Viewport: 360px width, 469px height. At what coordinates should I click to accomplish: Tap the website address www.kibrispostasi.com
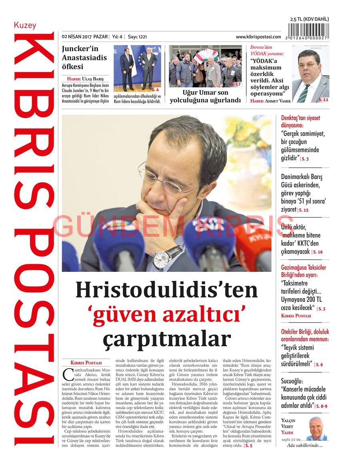click(258, 37)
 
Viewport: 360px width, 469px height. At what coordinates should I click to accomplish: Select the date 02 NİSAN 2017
click(77, 37)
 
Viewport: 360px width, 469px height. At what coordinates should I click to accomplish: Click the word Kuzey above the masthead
click(25, 25)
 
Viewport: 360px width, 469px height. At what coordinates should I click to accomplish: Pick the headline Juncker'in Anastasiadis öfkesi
click(84, 58)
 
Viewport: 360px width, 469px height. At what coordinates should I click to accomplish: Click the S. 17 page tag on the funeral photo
click(236, 84)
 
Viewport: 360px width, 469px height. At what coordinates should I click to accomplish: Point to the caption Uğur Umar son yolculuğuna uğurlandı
click(205, 96)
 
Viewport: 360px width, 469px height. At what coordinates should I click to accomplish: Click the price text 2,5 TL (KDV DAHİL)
click(310, 19)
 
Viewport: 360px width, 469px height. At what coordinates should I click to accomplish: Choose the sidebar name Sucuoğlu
click(292, 381)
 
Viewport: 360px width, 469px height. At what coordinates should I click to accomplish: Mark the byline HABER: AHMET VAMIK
click(270, 101)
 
